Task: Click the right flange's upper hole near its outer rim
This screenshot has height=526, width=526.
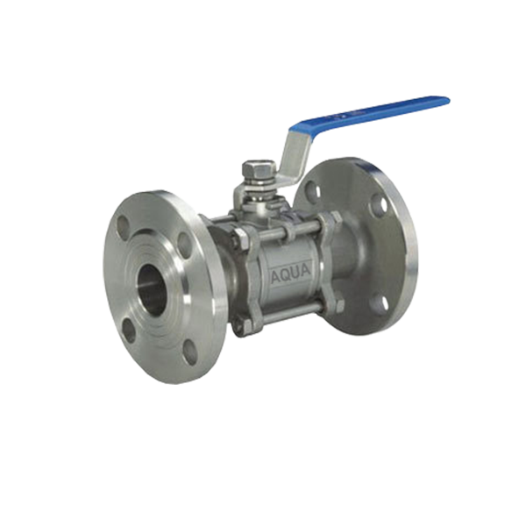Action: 378,207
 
